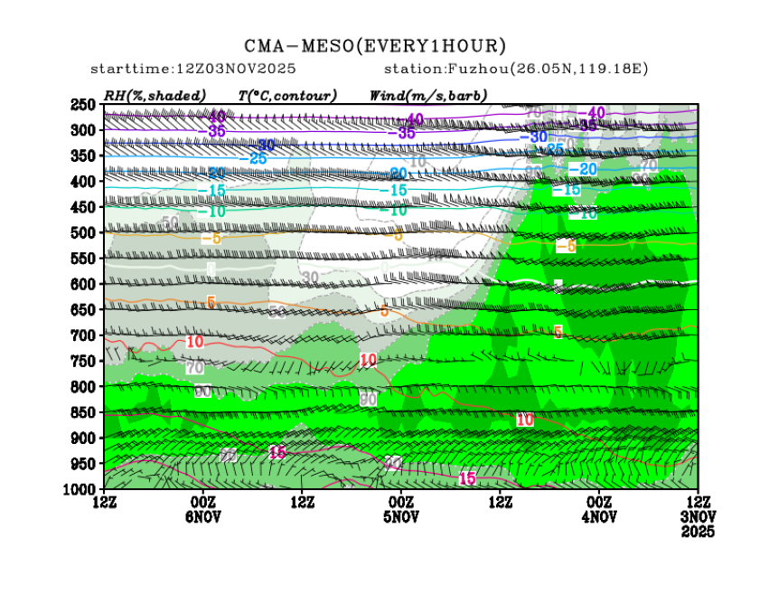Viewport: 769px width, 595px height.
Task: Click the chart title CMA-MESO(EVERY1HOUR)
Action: [375, 46]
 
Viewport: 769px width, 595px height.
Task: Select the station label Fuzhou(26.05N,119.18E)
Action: [516, 69]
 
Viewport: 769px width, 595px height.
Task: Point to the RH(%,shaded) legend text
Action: [155, 95]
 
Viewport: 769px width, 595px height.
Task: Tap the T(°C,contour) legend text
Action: [287, 95]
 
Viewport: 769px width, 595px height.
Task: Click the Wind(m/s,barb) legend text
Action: [428, 95]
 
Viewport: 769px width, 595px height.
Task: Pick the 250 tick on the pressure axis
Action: [83, 105]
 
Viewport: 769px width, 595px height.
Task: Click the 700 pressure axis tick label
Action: [83, 335]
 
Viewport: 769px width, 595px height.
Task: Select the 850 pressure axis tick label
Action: [83, 412]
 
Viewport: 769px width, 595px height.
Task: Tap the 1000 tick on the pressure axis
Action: [80, 489]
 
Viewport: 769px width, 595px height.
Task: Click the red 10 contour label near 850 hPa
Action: [525, 420]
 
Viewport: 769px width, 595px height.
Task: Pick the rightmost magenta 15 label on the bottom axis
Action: [467, 478]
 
